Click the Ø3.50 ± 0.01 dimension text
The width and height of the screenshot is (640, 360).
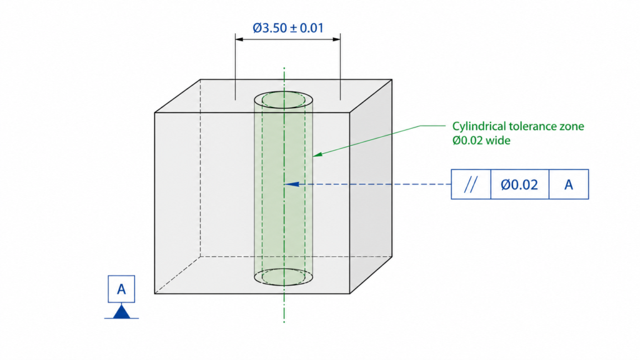click(287, 28)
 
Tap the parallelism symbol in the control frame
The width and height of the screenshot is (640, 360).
click(471, 184)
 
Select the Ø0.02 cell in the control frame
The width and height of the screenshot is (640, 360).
click(519, 184)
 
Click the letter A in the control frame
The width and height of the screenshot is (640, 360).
click(569, 184)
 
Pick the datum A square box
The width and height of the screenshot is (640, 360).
click(121, 289)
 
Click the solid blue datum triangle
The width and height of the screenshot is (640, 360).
click(121, 311)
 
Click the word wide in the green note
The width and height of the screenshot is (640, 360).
click(499, 141)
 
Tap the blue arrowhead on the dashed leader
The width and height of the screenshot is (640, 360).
click(289, 184)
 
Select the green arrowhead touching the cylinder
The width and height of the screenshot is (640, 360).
click(316, 153)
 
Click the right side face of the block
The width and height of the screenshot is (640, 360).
click(371, 187)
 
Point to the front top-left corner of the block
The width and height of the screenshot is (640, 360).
click(155, 113)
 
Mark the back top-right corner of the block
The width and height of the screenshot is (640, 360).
click(392, 79)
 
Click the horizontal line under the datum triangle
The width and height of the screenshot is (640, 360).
click(121, 318)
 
